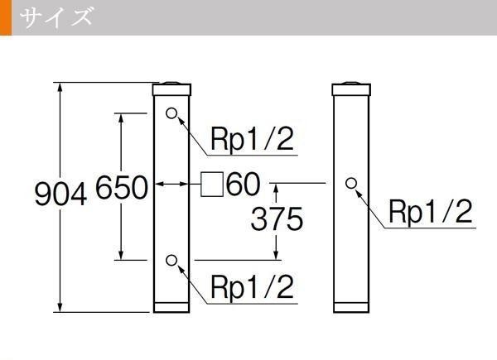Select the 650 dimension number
[x=121, y=189]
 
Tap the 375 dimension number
[x=277, y=219]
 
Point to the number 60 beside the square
[x=244, y=184]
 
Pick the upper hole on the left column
[x=171, y=113]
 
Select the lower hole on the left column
[x=171, y=261]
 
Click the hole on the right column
[x=351, y=183]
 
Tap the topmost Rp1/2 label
[x=252, y=139]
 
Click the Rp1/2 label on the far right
[x=431, y=212]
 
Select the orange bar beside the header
[x=6, y=17]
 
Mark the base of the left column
[x=172, y=308]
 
